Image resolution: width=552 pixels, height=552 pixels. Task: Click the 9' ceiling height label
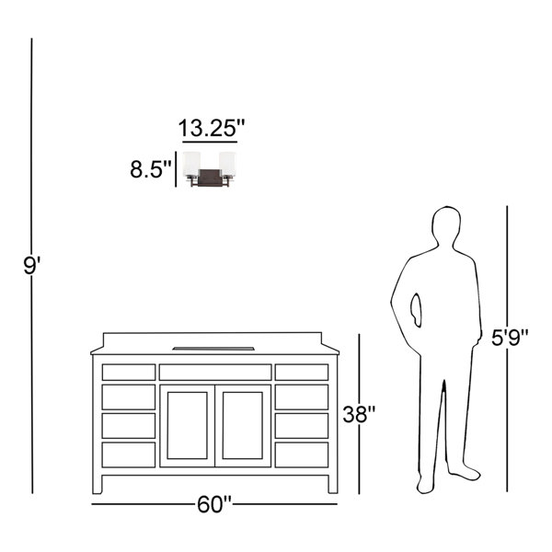32,266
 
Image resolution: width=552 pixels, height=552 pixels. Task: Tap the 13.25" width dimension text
212,128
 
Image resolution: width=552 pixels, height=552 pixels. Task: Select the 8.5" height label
151,169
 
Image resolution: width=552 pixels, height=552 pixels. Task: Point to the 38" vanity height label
359,414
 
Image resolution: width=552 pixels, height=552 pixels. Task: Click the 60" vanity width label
214,504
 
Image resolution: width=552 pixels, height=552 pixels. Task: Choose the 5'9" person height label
510,338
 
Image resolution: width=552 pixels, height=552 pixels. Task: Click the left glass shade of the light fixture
191,164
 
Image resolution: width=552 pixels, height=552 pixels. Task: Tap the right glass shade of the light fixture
227,164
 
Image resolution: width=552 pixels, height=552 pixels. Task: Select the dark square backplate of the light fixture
210,178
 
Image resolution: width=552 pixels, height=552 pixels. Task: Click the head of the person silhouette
446,225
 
